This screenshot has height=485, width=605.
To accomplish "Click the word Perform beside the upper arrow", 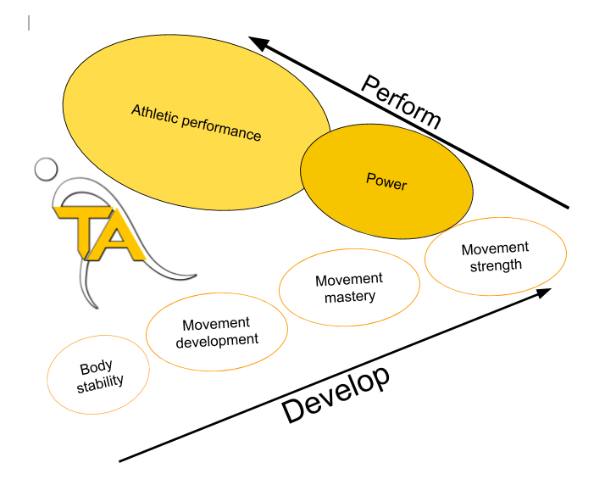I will tap(402, 103).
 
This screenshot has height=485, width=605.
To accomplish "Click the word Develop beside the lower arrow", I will tap(336, 394).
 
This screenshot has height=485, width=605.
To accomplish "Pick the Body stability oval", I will tap(98, 373).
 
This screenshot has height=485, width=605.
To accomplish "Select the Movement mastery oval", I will tap(349, 288).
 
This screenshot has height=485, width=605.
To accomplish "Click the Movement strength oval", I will tap(495, 256).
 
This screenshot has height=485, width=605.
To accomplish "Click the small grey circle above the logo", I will tap(46, 169).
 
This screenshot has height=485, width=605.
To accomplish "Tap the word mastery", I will tap(350, 297).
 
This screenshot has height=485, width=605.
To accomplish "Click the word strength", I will tap(496, 265).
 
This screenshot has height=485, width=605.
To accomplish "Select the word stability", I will tap(100, 382).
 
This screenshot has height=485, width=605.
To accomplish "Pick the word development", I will tap(217, 340).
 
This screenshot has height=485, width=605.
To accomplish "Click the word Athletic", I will tap(153, 114).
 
